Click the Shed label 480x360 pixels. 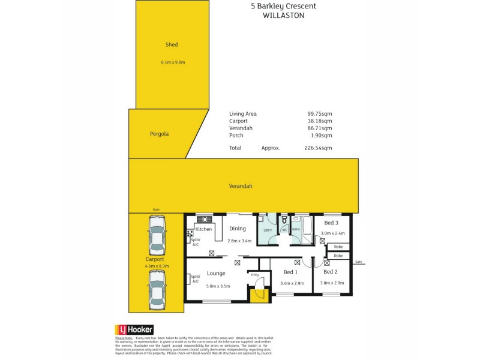tap(172, 44)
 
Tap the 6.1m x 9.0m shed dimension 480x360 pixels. tap(173, 62)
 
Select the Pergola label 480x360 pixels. tap(159, 134)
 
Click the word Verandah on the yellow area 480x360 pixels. tap(240, 186)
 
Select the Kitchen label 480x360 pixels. tap(204, 229)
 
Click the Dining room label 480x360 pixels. tap(238, 229)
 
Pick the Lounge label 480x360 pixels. tap(216, 274)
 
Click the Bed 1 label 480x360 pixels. tap(291, 272)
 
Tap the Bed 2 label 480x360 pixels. tap(330, 272)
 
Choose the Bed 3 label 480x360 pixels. tap(331, 223)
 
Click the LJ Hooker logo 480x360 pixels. tap(134, 329)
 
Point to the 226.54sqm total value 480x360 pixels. tap(320, 148)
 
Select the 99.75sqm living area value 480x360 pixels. tap(320, 113)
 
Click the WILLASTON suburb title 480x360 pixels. tap(284, 16)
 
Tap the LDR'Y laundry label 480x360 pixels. tap(268, 230)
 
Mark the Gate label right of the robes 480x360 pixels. tap(359, 262)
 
